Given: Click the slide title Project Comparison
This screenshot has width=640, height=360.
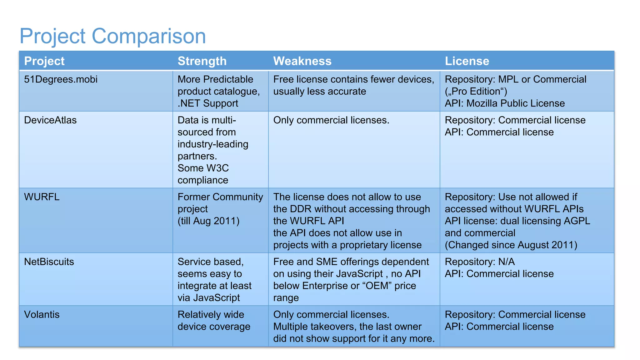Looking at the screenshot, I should click(x=112, y=36).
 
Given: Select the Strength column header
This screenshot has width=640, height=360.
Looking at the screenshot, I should click(x=202, y=61).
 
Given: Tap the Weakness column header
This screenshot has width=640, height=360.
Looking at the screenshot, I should click(x=302, y=61).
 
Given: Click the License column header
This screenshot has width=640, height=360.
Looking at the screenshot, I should click(x=467, y=61).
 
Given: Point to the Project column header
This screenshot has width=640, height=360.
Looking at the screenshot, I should click(x=44, y=61).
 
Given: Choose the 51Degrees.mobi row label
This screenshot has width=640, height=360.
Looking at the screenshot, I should click(x=61, y=79).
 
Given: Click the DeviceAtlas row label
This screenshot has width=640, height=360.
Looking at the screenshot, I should click(x=50, y=120).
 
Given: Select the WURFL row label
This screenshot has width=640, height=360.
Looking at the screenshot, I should click(x=42, y=197).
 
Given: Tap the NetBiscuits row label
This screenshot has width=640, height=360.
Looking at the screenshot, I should click(x=49, y=262).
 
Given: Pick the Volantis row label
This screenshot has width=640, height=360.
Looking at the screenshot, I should click(x=42, y=314).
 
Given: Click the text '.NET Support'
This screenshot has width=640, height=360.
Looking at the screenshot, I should click(x=208, y=103).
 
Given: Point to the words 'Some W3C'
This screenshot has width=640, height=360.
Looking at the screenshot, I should click(x=203, y=168).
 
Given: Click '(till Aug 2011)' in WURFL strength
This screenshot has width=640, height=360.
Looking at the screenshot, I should click(x=208, y=221).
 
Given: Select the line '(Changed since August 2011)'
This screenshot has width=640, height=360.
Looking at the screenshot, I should click(x=511, y=245).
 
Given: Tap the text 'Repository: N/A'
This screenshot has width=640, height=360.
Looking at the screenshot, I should click(x=480, y=262).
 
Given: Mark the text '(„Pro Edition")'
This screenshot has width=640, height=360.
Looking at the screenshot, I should click(x=476, y=91).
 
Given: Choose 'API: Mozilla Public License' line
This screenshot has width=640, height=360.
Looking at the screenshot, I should click(x=505, y=103).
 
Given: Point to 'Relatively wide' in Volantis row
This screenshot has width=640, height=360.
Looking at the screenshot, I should click(x=211, y=314).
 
